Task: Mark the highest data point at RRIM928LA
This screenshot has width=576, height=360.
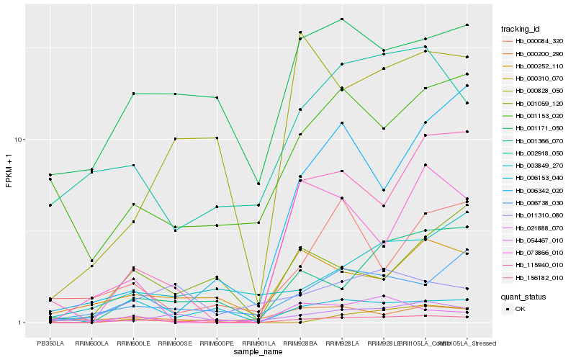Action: pyautogui.click(x=342, y=19)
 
